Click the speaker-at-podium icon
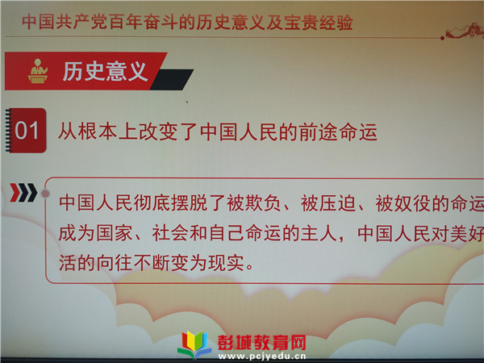(x=38, y=71)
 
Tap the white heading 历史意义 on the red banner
(x=104, y=71)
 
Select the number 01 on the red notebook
(x=27, y=130)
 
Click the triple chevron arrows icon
(x=23, y=193)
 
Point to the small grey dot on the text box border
(x=45, y=194)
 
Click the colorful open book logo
(x=194, y=344)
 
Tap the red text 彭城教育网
(x=262, y=343)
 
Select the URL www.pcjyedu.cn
(x=262, y=357)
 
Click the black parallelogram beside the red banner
(x=172, y=80)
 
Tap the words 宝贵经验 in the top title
(x=319, y=23)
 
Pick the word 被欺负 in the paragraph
(x=253, y=203)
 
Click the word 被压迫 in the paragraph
(x=328, y=203)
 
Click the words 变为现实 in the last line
(x=208, y=263)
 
